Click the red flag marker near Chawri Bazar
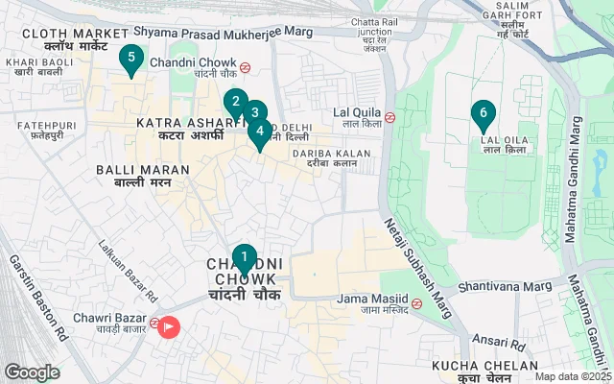pyautogui.click(x=169, y=327)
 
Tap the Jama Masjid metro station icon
pyautogui.click(x=416, y=303)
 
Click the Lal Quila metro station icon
pyautogui.click(x=390, y=118)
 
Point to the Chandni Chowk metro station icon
pyautogui.click(x=247, y=67)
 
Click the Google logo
pyautogui.click(x=32, y=372)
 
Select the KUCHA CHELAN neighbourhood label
pyautogui.click(x=484, y=367)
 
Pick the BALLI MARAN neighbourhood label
pyautogui.click(x=133, y=170)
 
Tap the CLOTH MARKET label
pyautogui.click(x=74, y=34)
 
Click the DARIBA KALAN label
pyautogui.click(x=324, y=152)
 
